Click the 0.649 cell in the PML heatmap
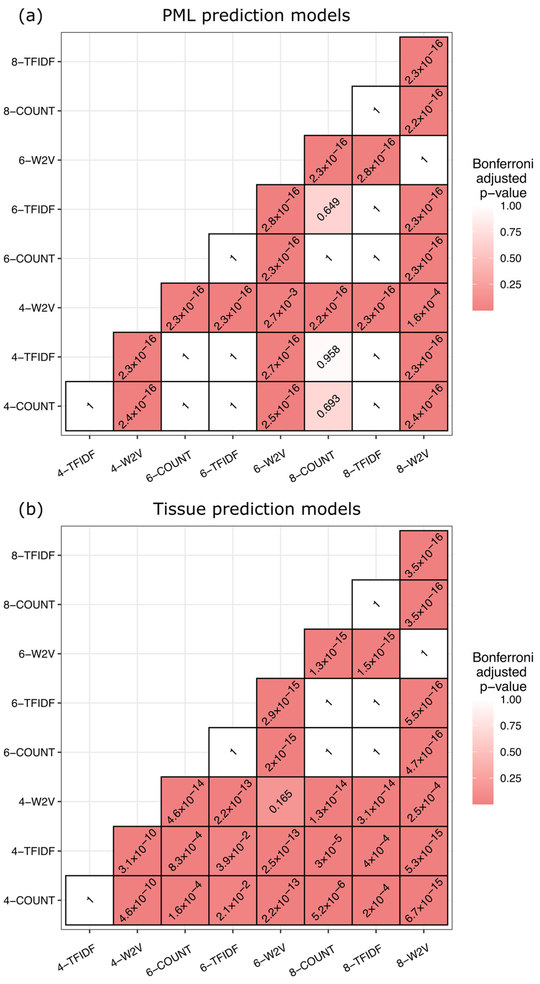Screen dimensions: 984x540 pyautogui.click(x=328, y=209)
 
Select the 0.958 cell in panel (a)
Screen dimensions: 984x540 pyautogui.click(x=328, y=357)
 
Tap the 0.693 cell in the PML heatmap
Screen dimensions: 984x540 pyautogui.click(x=328, y=406)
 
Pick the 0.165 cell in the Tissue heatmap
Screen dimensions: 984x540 pyautogui.click(x=280, y=801)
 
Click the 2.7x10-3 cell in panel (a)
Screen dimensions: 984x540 pyautogui.click(x=280, y=308)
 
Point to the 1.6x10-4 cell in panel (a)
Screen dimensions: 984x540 pyautogui.click(x=424, y=308)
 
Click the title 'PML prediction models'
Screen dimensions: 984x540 pyautogui.click(x=256, y=16)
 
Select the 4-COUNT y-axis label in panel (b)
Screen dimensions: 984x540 pyautogui.click(x=29, y=900)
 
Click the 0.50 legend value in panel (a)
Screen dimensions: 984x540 pyautogui.click(x=511, y=259)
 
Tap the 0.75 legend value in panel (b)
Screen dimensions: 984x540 pyautogui.click(x=511, y=726)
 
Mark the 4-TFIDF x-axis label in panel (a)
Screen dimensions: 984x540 pyautogui.click(x=76, y=464)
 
